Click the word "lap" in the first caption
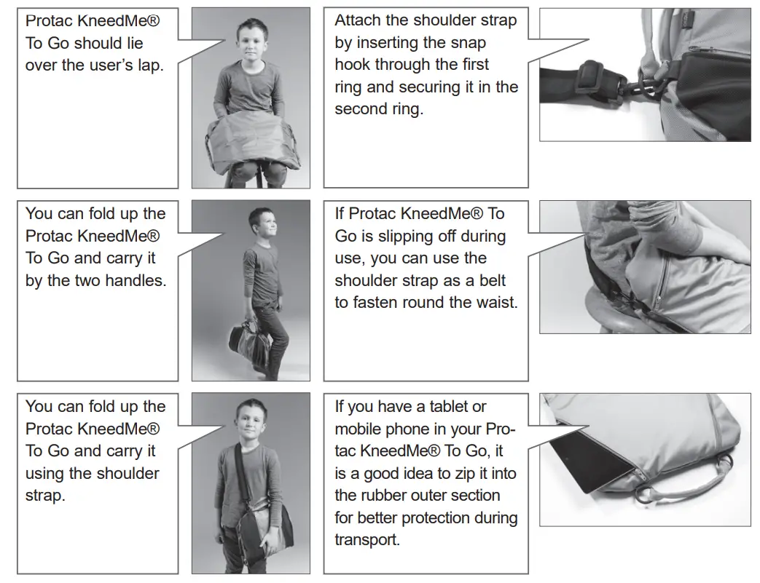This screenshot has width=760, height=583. (x=150, y=66)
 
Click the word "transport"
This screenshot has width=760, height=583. (x=367, y=540)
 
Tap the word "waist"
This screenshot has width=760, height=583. (x=495, y=303)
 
